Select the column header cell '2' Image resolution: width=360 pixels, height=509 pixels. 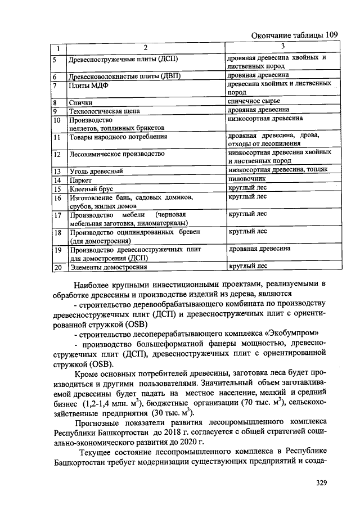tap(145, 47)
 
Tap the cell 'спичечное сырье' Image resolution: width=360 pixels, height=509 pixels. tap(254, 101)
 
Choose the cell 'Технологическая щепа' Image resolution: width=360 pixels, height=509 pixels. tap(105, 111)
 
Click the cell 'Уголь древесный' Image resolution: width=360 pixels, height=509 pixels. tap(96, 171)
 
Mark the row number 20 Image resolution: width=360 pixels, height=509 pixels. tap(58, 267)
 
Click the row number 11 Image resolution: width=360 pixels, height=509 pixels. tap(57, 137)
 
